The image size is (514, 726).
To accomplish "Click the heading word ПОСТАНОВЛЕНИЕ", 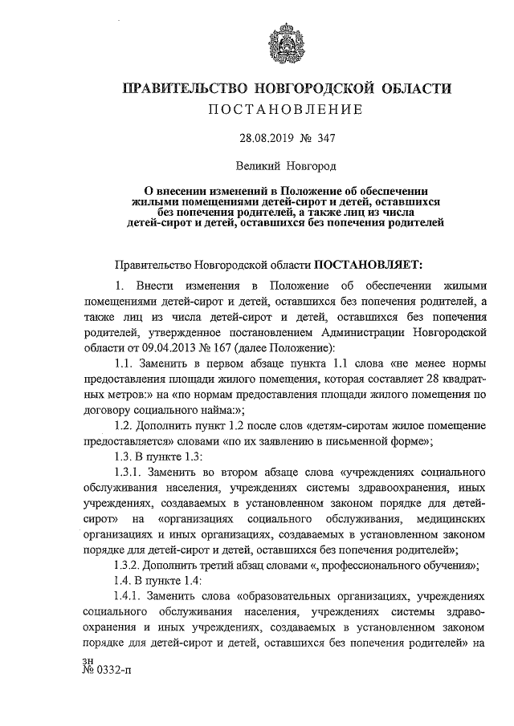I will tap(287, 108).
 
